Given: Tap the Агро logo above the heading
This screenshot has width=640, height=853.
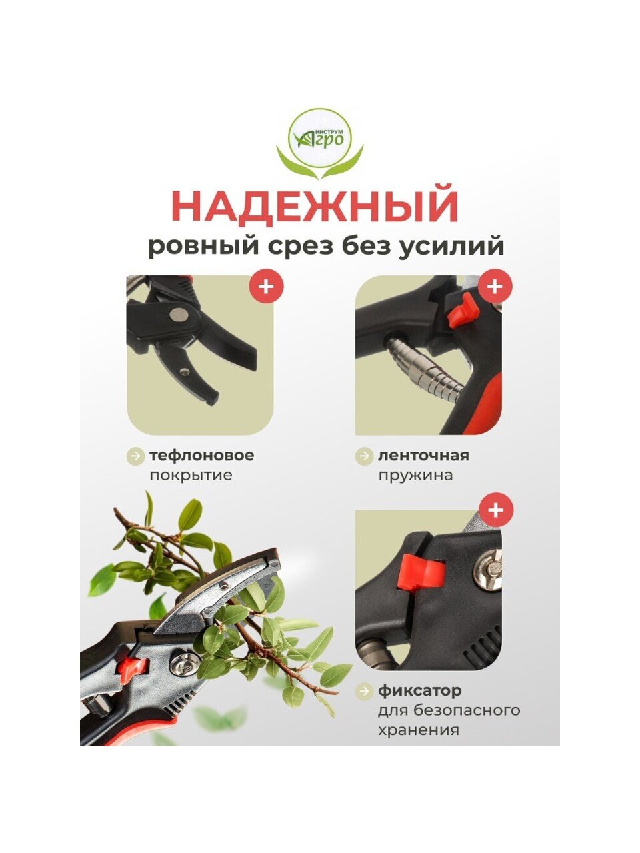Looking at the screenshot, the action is [x=320, y=143].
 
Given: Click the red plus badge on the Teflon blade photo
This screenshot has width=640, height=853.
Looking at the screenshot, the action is [x=266, y=287].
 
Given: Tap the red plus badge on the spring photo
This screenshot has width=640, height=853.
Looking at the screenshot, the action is [x=495, y=287].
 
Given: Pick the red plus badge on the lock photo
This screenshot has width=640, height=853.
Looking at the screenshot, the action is [x=495, y=510].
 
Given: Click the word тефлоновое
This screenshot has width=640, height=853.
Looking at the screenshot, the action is [x=202, y=455].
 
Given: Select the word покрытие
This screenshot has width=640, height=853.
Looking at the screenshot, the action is [x=191, y=476].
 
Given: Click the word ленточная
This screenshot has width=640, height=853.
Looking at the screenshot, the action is [x=423, y=455].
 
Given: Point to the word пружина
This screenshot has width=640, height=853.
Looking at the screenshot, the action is [x=416, y=476].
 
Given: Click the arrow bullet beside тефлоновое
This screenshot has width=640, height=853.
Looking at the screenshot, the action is [x=136, y=456].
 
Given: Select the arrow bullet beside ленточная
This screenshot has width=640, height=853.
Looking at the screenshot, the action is [x=365, y=456].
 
